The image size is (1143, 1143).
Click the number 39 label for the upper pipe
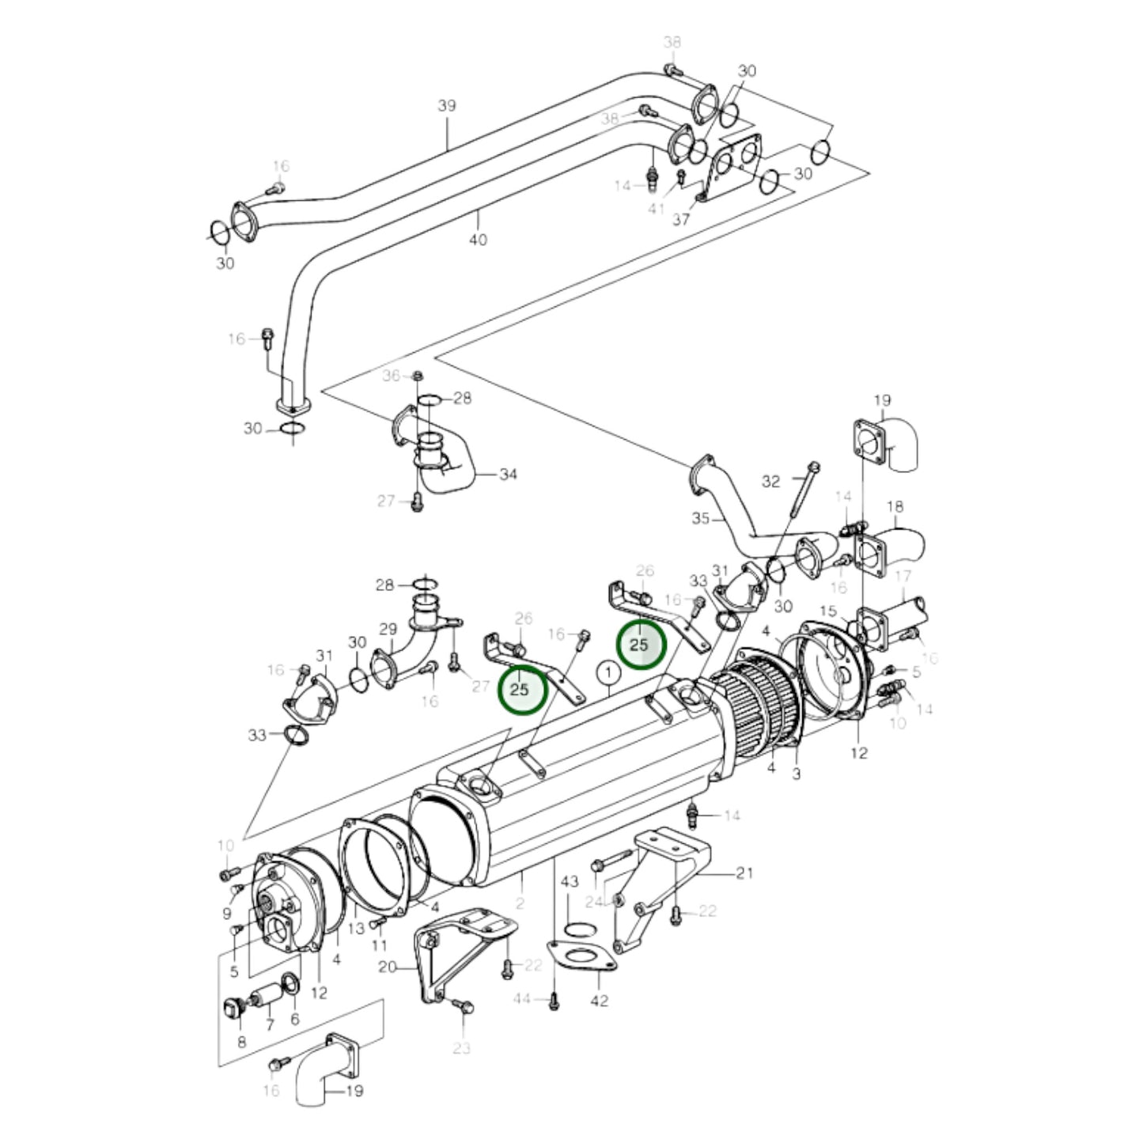click(447, 106)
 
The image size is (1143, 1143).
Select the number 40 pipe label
click(478, 239)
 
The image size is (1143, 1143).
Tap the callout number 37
click(681, 219)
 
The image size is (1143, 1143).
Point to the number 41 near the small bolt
click(657, 208)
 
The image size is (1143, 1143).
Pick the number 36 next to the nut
click(392, 376)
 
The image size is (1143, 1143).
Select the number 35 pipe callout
click(701, 520)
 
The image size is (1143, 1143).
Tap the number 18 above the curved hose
click(895, 506)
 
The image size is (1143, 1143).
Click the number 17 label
click(903, 577)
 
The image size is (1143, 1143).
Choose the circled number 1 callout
click(607, 673)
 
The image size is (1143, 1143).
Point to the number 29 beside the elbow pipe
click(388, 630)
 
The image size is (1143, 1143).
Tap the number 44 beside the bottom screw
click(521, 999)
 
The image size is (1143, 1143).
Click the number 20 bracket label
click(388, 967)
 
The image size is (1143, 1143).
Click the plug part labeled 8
click(232, 1009)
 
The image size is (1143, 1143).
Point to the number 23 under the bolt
click(462, 1048)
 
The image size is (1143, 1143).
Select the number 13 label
click(356, 928)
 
